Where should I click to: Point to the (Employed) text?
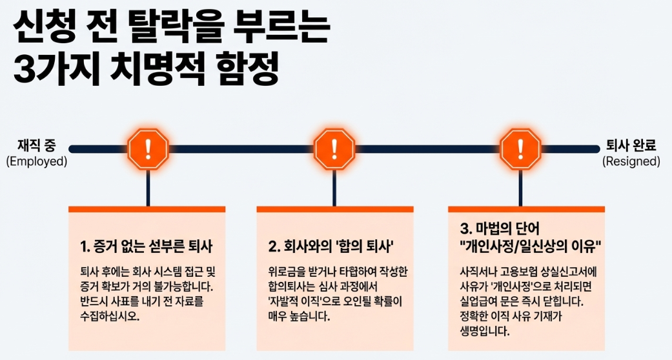pyautogui.click(x=37, y=161)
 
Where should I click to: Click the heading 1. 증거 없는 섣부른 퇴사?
pyautogui.click(x=147, y=246)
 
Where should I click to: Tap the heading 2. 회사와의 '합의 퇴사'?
pyautogui.click(x=331, y=246)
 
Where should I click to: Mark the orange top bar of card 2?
pyautogui.click(x=334, y=209)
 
